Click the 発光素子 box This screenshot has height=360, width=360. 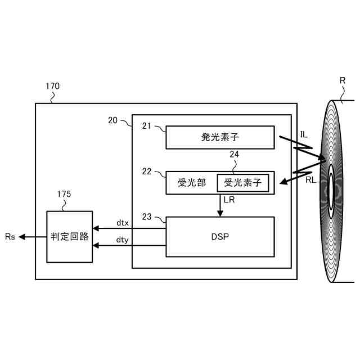click(220, 137)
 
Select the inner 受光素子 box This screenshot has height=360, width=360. click(242, 183)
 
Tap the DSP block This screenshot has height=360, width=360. click(220, 237)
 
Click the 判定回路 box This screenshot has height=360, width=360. click(69, 237)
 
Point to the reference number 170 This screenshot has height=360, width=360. click(52, 87)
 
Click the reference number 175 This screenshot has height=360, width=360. click(64, 194)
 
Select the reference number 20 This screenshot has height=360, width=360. click(112, 120)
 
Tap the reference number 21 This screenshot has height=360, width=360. click(147, 127)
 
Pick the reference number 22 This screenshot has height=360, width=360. click(147, 172)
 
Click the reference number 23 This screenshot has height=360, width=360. click(147, 217)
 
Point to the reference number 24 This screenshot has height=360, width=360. click(235, 154)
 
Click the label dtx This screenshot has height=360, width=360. click(123, 223)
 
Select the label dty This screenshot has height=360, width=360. click(123, 240)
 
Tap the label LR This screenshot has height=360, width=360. click(229, 200)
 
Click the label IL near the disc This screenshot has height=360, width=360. click(304, 134)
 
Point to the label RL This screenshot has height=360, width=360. click(310, 181)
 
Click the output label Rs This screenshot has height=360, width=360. click(10, 237)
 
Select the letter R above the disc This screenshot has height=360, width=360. click(342, 80)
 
